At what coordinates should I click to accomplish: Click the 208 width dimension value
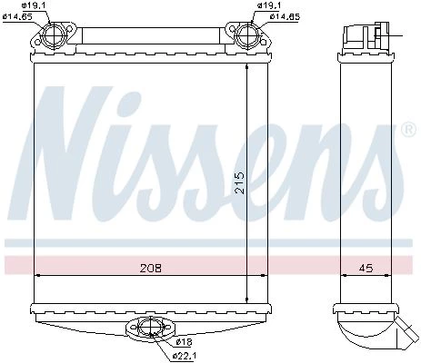coord(151,268)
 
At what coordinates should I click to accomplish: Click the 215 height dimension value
coord(239,182)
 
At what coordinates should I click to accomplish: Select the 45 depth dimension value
coord(366,268)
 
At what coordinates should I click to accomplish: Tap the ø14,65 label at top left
coord(17,16)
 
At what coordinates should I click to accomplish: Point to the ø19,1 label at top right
coord(268,5)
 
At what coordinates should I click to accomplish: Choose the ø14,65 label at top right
coord(285,16)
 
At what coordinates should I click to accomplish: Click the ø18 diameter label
coord(184,342)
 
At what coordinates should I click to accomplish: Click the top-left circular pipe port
coord(54,34)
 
